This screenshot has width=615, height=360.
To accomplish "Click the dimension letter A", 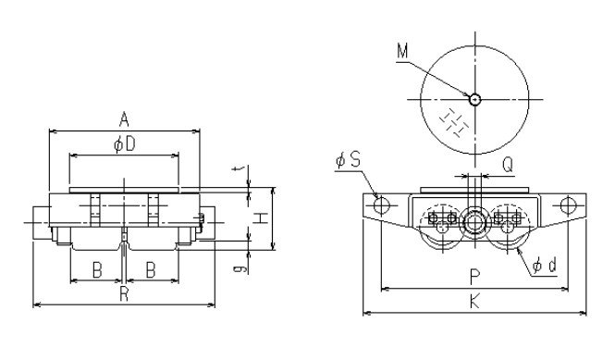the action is click(124, 119).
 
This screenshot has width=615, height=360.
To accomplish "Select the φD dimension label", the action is click(125, 144).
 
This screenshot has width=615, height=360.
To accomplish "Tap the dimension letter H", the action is click(260, 218).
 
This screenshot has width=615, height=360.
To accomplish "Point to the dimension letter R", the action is click(124, 293).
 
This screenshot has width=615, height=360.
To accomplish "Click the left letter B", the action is click(97, 270).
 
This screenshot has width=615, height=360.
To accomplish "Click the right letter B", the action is click(151, 270).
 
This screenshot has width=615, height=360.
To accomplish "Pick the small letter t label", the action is click(238, 169).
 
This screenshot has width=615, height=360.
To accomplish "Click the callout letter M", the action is click(402, 51).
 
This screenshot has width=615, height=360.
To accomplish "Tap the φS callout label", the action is click(349, 160).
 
